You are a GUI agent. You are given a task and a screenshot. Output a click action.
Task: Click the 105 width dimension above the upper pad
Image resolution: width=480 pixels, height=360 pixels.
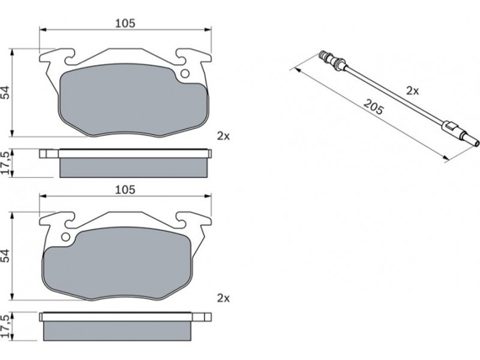pos(125,23)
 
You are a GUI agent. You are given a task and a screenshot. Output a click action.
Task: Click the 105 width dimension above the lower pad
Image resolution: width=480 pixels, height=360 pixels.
pos(125,190)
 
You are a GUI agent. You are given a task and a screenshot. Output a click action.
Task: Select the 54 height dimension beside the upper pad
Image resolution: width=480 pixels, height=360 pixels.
pos(6,92)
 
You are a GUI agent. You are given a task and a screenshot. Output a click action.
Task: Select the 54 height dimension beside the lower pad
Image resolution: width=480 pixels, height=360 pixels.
pos(6,256)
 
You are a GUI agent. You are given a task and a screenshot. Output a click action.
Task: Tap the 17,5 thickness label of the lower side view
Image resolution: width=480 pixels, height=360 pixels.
pos(6,326)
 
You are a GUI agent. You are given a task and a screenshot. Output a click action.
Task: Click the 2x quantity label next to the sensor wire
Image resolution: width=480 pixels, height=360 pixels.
pos(412,91)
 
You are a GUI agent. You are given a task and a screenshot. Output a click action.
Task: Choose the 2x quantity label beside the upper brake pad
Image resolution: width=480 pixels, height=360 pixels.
pos(223,136)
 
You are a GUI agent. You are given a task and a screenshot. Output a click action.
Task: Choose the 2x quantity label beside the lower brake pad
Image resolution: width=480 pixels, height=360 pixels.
pos(223,298)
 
